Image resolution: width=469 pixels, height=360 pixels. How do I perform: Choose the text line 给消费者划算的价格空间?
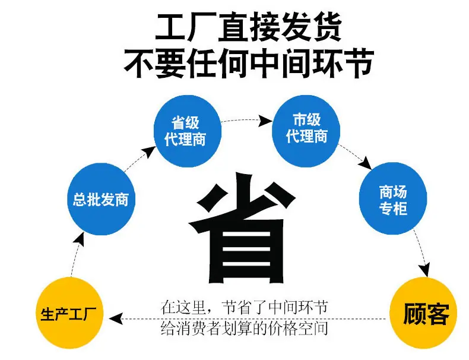tap(244, 328)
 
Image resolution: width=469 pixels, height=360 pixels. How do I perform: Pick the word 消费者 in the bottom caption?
tap(202, 328)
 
